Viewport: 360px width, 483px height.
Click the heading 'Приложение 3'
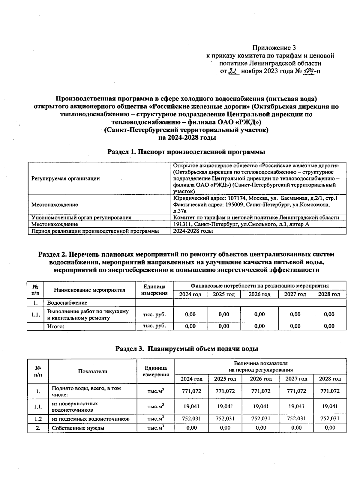[x=274, y=48]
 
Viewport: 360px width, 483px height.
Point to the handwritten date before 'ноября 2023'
[x=233, y=71]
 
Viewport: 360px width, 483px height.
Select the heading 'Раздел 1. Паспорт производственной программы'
[x=186, y=152]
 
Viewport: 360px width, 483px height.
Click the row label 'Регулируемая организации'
[x=66, y=178]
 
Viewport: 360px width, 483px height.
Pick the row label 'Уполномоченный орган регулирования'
[x=81, y=218]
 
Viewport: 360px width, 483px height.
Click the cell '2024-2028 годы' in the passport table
[x=193, y=231]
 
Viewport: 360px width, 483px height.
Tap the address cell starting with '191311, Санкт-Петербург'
[x=241, y=224]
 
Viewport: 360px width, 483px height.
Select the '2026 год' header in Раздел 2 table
[x=259, y=294]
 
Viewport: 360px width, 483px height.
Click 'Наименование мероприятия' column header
[x=90, y=290]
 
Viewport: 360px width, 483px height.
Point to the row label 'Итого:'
[x=56, y=326]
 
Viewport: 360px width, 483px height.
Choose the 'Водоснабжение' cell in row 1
[x=67, y=303]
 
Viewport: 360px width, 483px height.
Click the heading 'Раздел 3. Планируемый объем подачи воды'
[x=187, y=349]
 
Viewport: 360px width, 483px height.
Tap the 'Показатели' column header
[x=93, y=371]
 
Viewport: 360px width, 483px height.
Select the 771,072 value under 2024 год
[x=191, y=391]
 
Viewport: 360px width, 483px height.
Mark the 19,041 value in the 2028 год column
[x=330, y=407]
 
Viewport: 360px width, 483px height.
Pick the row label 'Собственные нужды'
[x=78, y=428]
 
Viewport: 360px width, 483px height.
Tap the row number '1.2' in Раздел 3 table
[x=38, y=419]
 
